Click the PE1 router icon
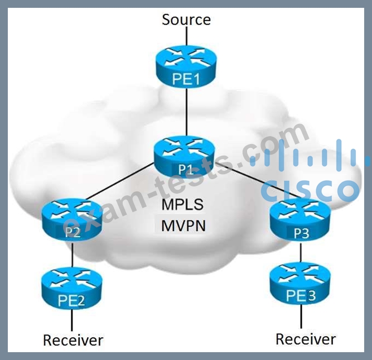186,66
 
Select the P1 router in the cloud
184,157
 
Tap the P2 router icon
72,219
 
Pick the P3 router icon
301,220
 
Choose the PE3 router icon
300,284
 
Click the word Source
186,20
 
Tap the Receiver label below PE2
73,340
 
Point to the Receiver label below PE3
306,339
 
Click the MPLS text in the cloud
182,204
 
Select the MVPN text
183,225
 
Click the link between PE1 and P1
186,112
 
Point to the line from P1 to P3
259,180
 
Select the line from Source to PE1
186,36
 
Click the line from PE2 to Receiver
72,320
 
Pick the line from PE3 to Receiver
301,317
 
